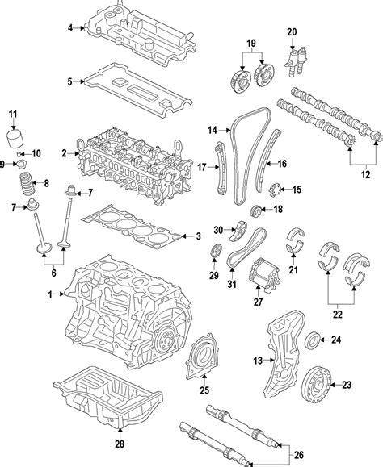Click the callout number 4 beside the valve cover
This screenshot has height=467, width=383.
[x=70, y=28]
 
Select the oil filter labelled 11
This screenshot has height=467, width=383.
[x=15, y=138]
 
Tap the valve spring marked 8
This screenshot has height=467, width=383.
[x=27, y=183]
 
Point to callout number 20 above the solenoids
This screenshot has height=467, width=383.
[x=292, y=32]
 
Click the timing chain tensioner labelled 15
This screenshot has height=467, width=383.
[x=275, y=190]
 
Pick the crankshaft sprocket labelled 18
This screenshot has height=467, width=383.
[x=255, y=211]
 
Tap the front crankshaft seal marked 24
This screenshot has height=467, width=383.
[x=313, y=340]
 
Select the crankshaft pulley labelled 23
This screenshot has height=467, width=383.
[x=316, y=385]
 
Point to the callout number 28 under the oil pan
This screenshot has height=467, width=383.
[x=120, y=444]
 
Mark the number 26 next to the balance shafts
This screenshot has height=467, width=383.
[x=299, y=455]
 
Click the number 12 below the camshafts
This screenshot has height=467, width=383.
[x=365, y=174]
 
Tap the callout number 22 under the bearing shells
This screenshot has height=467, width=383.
[x=338, y=315]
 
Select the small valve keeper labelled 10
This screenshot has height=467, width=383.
[x=19, y=154]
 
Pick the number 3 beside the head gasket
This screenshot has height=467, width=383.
[x=198, y=236]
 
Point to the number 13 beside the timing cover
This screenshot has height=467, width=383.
[x=258, y=361]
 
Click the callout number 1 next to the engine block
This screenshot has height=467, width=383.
[x=50, y=294]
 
